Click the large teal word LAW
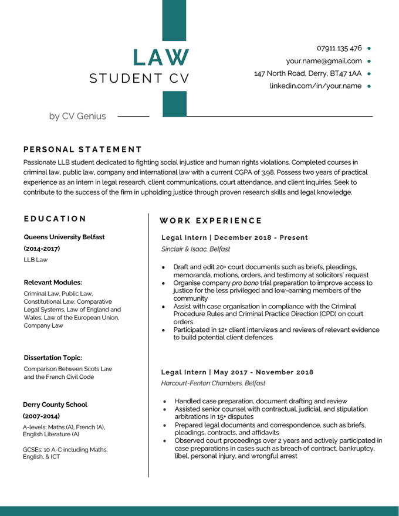pos(161,57)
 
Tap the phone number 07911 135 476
pos(339,48)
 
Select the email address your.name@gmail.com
pos(323,61)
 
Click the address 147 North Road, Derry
pos(307,74)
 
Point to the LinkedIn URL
pos(315,86)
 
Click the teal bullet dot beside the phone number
pos(369,48)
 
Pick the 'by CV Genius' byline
pos(77,116)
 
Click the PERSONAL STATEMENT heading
pos(83,150)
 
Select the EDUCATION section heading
pos(55,219)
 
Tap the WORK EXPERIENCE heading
pos(211,221)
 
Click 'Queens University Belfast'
pos(64,237)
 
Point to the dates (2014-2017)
pos(42,249)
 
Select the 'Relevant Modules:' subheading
pos(53,282)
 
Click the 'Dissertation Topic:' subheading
pos(53,358)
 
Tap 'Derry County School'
pos(55,405)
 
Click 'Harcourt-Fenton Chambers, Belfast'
pos(213,383)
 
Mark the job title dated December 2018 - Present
pos(234,237)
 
